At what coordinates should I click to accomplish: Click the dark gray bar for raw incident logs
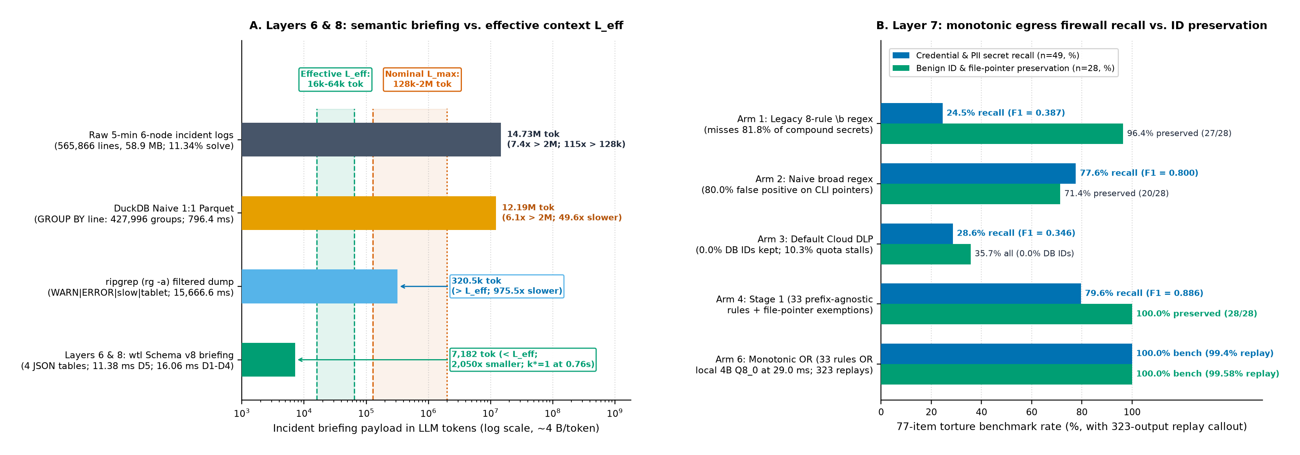coord(371,140)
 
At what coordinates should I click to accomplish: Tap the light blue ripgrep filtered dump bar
coord(319,286)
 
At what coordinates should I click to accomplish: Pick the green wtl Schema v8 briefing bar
coord(269,360)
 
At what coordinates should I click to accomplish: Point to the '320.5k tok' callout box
coord(507,286)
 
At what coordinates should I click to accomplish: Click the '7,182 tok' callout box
coord(523,360)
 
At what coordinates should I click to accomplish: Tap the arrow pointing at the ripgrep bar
coord(424,286)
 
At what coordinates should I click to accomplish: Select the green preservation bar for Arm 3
coord(926,254)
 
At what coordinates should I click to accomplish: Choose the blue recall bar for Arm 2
coord(978,174)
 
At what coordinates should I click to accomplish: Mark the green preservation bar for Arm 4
coord(1006,314)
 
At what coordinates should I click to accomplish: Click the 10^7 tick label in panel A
coord(490,413)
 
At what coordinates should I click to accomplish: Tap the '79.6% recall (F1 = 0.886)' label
coord(1144,293)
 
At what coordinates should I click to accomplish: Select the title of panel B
coord(1072,25)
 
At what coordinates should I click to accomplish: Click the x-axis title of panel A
coord(436,428)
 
